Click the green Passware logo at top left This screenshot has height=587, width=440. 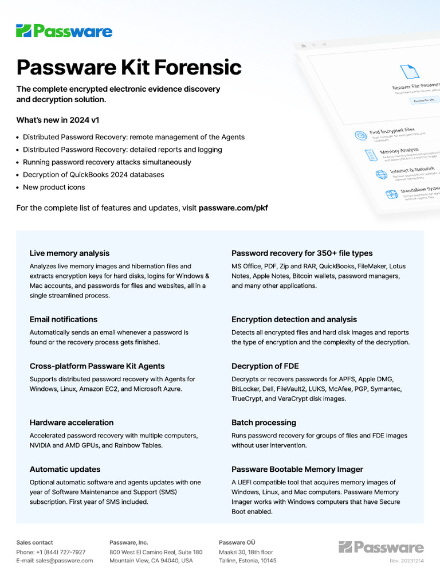point(64,31)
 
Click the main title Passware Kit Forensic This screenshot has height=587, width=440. point(129,67)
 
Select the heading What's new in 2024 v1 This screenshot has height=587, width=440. point(61,120)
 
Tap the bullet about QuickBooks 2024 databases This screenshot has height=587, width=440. point(93,175)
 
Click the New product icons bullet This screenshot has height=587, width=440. point(54,187)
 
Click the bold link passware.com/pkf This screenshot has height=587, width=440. point(233,208)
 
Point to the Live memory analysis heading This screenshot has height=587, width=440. point(69,253)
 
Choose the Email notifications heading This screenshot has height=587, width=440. point(64,319)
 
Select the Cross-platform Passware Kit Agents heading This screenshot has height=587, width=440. point(97,366)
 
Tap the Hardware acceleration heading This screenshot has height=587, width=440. point(72,422)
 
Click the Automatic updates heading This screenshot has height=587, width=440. point(65,469)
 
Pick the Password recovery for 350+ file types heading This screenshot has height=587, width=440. point(302,253)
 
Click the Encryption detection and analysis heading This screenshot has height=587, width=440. point(294,319)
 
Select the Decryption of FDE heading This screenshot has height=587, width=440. point(265,366)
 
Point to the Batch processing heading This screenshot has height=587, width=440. point(264,422)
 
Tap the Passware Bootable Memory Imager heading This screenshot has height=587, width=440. point(297,469)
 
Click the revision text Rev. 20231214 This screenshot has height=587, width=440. point(407,561)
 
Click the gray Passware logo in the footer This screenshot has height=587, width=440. point(381,547)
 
